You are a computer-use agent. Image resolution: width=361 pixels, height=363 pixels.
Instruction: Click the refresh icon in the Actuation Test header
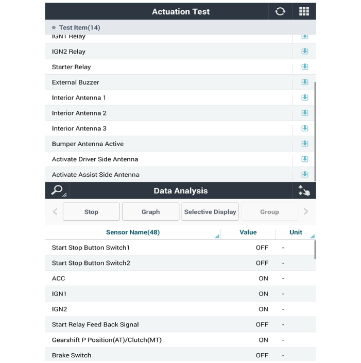pos(280,11)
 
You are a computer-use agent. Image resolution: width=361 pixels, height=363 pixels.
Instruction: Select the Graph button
pos(150,212)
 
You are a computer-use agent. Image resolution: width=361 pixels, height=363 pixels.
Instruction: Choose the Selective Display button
pos(210,212)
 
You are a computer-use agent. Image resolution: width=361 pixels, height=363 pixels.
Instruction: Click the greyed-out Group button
pos(269,212)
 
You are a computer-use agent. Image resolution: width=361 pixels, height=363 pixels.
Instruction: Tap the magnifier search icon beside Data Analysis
pos(57,190)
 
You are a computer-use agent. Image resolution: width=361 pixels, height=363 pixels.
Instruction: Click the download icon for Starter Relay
pos(304,67)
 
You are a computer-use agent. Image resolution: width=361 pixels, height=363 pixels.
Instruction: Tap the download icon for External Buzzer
pos(304,82)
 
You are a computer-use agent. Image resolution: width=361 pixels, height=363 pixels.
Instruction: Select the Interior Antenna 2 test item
pos(79,113)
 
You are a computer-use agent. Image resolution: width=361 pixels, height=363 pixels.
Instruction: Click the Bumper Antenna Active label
pos(88,144)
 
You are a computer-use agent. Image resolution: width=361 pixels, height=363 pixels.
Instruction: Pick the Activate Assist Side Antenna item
pos(96,175)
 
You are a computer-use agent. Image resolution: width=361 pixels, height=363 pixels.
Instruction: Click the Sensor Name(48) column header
pos(133,233)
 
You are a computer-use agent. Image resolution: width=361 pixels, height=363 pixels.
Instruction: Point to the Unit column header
pos(296,233)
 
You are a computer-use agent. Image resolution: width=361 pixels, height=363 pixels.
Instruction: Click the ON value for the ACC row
pos(263,278)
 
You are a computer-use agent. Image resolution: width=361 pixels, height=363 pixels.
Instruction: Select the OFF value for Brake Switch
pos(262,355)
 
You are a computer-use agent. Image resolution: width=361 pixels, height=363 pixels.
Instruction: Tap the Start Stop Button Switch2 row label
pos(91,263)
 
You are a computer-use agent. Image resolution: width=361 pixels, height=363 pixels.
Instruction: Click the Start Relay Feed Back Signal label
pos(95,324)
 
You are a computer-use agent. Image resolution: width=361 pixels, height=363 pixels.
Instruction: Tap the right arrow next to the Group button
pos(306,212)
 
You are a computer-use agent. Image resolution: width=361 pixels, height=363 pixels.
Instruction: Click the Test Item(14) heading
pos(79,28)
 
